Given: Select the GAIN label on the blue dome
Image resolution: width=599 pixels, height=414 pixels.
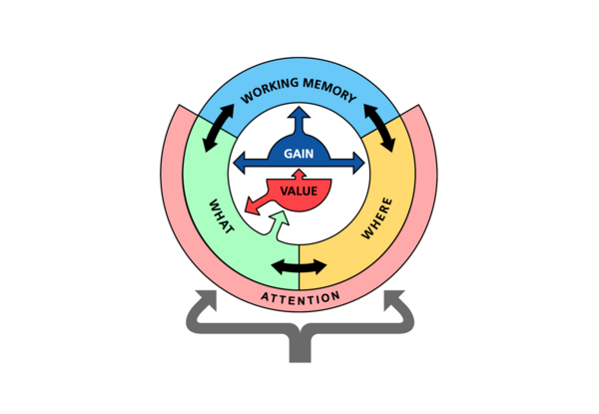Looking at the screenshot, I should coord(299,154).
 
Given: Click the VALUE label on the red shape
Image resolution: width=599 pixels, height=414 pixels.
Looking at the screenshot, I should coord(299,190).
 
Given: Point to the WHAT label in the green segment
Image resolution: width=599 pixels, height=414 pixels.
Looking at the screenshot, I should coord(221,216).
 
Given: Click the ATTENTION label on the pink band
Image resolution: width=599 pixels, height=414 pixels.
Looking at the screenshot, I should coord(299,297).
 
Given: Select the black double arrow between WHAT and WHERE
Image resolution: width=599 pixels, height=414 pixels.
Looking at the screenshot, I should coord(299,266).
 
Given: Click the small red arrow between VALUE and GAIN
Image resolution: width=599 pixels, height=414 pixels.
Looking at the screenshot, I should coord(299,175).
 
